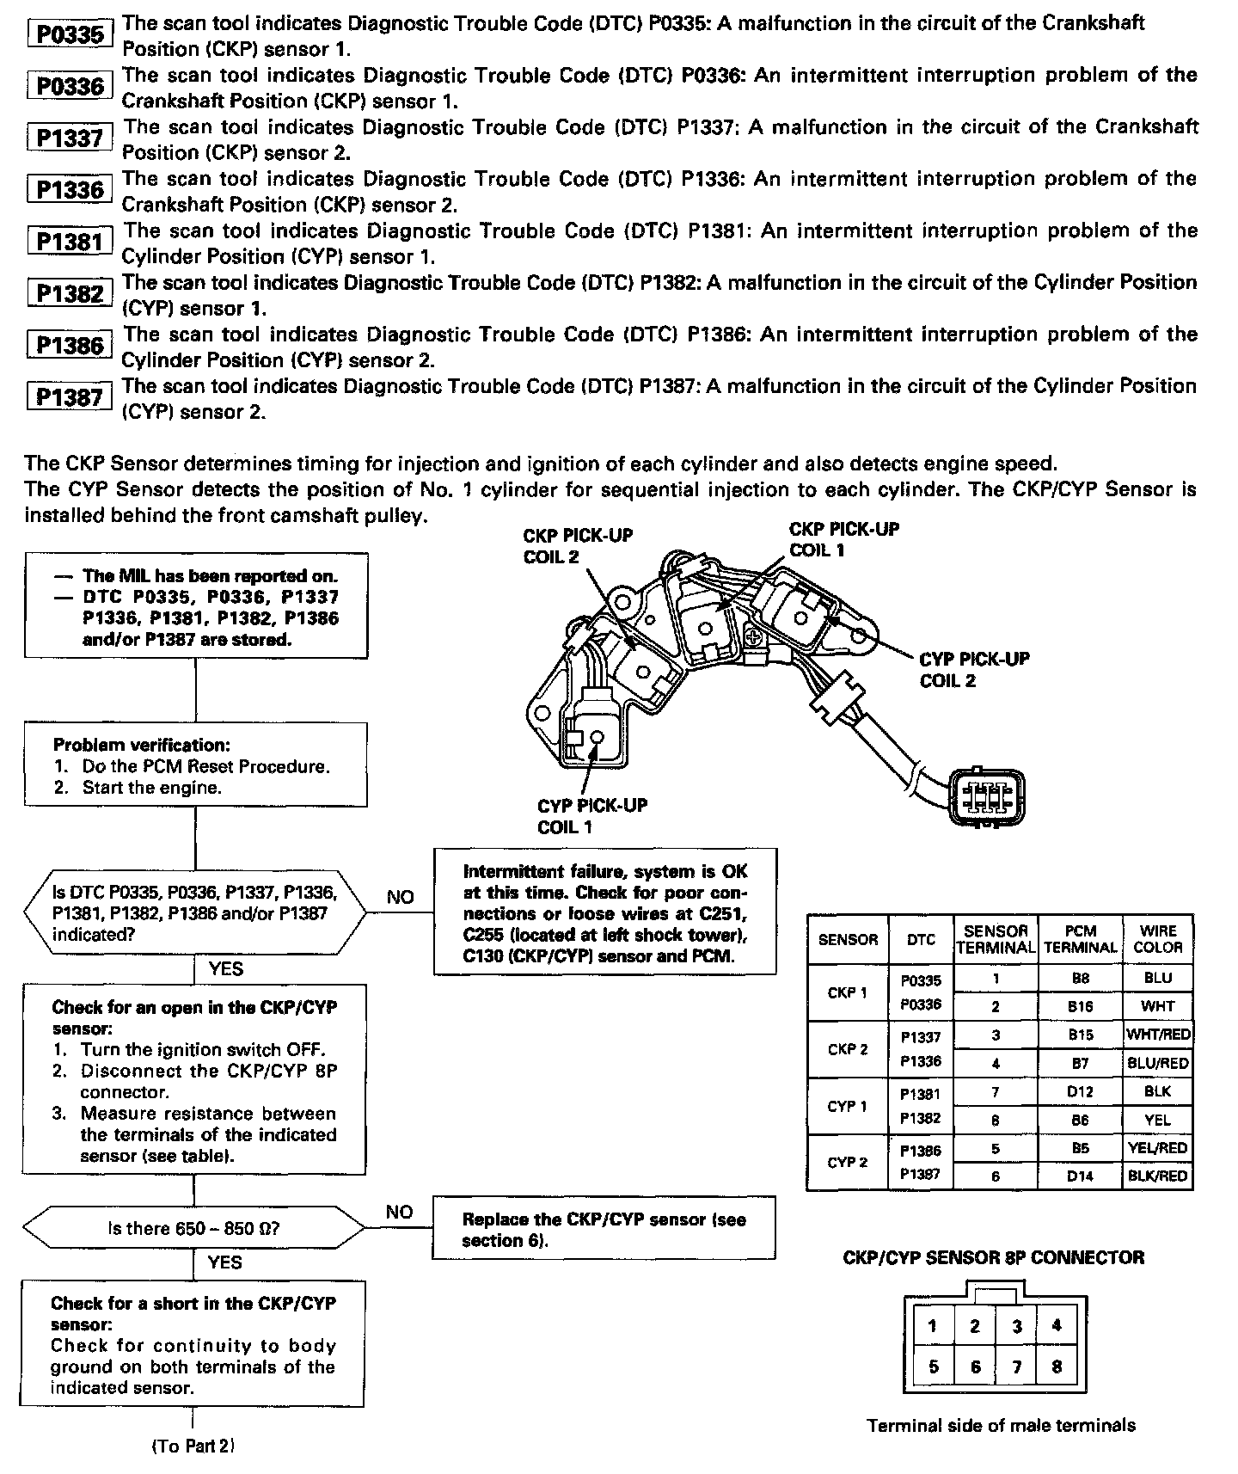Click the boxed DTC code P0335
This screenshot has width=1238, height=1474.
[70, 34]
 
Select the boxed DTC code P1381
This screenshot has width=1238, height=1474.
[70, 242]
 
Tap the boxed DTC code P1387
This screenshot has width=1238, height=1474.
[70, 396]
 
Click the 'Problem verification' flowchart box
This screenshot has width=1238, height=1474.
[195, 765]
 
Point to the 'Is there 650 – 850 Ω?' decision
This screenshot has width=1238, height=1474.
[194, 1228]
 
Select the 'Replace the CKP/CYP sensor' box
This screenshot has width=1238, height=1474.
[604, 1230]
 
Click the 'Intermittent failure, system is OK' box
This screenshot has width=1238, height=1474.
[604, 912]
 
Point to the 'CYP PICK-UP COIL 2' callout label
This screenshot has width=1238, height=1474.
[974, 669]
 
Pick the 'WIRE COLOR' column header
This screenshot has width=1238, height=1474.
[1157, 939]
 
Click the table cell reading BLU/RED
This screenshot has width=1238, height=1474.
[1157, 1063]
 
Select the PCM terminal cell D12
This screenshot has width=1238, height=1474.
[1080, 1091]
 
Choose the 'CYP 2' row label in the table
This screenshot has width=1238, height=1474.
[847, 1163]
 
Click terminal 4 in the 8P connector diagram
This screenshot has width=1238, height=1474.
[1057, 1325]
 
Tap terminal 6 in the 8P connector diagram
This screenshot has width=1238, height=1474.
[975, 1366]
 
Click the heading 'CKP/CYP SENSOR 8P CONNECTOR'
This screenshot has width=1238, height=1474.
[994, 1257]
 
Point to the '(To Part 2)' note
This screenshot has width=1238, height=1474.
[193, 1446]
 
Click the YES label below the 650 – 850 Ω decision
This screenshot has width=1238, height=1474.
[224, 1262]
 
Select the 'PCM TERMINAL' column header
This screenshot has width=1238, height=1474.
[1080, 939]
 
